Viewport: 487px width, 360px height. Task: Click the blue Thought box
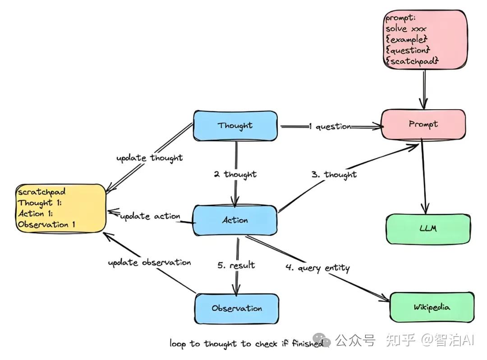click(x=235, y=125)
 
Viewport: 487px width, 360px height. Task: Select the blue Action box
click(x=235, y=220)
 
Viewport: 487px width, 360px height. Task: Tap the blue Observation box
click(x=237, y=309)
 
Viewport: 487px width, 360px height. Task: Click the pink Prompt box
click(x=423, y=124)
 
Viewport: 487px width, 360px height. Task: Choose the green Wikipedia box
click(x=432, y=308)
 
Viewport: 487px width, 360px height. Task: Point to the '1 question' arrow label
click(x=330, y=127)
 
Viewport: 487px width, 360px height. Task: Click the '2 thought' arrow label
click(x=235, y=175)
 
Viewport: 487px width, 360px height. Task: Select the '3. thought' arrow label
click(x=334, y=175)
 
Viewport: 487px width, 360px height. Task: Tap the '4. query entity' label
click(x=317, y=268)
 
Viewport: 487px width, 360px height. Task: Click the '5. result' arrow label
click(x=236, y=265)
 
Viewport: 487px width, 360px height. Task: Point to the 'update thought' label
click(x=149, y=158)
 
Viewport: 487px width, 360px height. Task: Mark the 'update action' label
click(x=150, y=216)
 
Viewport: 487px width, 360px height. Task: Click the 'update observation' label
click(x=149, y=263)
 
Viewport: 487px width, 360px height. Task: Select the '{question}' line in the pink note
click(x=408, y=50)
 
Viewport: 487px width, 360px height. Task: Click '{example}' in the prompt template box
click(x=406, y=40)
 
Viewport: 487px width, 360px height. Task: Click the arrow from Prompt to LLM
click(x=423, y=176)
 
